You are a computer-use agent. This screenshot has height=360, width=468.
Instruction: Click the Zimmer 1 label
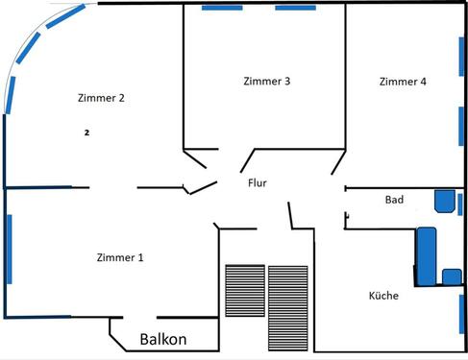coord(120,256)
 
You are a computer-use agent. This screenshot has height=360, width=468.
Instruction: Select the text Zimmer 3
coord(267,81)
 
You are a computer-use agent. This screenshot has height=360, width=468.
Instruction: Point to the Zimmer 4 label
coord(403,82)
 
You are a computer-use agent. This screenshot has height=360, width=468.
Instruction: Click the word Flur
coord(258,181)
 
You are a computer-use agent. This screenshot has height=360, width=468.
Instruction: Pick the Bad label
coord(394,200)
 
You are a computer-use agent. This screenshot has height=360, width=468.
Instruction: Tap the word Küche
coord(383,295)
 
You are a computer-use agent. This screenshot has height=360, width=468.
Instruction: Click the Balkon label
coord(163,339)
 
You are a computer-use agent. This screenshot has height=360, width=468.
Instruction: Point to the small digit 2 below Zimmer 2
coord(86,132)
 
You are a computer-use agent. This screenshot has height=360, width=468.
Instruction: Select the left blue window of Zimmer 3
coord(222,8)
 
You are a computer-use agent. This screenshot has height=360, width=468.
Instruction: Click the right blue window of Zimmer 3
coord(296,8)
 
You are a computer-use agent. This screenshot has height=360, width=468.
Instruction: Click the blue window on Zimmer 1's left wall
coord(9,249)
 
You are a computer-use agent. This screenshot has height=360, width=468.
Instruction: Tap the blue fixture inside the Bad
coord(444,201)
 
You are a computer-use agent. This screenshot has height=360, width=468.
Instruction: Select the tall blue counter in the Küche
coord(427,254)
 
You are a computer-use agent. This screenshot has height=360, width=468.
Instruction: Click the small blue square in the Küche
coord(450,276)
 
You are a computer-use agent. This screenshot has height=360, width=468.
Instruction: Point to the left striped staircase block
coord(243,291)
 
